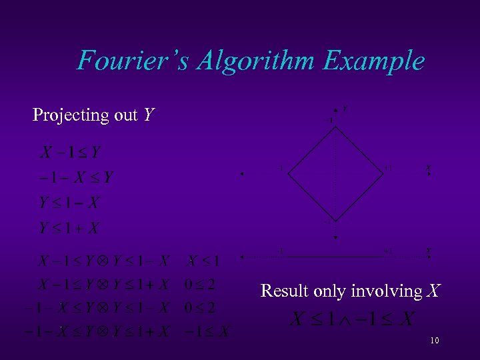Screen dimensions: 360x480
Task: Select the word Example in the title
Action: tap(374, 61)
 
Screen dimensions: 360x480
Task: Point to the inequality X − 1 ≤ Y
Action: tap(71, 153)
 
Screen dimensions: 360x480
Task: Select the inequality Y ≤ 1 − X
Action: tap(69, 203)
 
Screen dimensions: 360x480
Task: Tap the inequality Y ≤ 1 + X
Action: tap(69, 228)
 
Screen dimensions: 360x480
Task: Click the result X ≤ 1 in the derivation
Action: tap(203, 260)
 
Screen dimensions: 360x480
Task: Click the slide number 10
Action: tap(434, 341)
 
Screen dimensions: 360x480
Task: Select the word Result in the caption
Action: tap(283, 291)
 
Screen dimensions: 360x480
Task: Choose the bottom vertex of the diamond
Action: tap(335, 221)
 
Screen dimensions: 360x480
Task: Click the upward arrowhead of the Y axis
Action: tap(335, 109)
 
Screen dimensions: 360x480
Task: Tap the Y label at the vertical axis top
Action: tap(344, 107)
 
